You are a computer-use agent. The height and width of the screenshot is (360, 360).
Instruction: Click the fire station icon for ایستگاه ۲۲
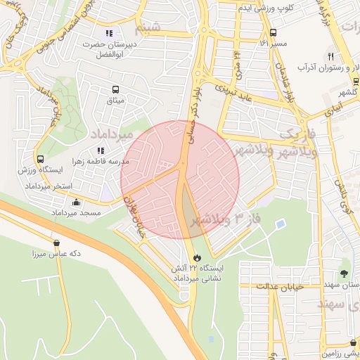[x=196, y=257]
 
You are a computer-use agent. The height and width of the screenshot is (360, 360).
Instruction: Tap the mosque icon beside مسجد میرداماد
[x=76, y=202]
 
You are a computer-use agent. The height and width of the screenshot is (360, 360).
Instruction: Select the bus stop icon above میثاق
[x=115, y=89]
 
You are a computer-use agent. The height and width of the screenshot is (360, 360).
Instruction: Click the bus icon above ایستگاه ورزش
[x=40, y=159]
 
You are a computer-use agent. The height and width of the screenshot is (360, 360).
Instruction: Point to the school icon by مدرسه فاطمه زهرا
[x=101, y=150]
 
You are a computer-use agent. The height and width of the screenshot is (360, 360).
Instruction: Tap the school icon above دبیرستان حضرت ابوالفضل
[x=108, y=32]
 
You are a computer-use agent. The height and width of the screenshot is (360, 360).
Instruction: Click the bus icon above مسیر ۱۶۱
[x=273, y=32]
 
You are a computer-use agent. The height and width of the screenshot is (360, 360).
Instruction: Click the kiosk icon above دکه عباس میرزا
[x=56, y=243]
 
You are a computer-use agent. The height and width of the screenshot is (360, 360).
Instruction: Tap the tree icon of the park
[x=344, y=273]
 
